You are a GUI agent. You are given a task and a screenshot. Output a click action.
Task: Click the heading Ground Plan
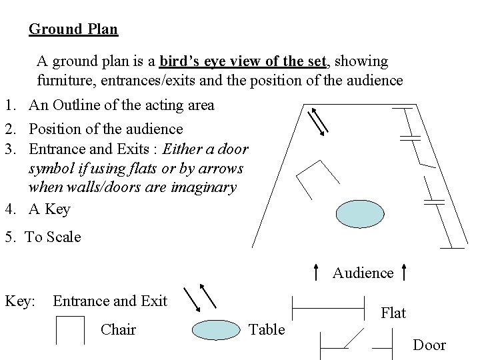point(73,29)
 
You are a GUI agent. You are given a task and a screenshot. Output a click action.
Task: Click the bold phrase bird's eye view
point(243,61)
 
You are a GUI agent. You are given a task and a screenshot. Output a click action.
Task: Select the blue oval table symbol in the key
point(217,329)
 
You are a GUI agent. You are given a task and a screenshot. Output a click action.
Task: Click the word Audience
point(363,273)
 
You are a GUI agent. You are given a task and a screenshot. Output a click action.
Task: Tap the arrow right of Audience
point(405,271)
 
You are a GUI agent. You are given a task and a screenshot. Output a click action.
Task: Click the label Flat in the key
point(393,313)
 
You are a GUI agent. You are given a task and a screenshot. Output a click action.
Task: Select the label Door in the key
point(429,345)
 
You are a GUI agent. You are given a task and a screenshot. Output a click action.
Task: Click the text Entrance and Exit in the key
point(110,301)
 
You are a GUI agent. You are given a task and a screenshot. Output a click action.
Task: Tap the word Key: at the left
point(20,301)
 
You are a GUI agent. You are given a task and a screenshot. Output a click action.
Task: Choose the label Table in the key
point(266,329)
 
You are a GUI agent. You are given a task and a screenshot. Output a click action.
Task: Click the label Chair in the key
point(118,329)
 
